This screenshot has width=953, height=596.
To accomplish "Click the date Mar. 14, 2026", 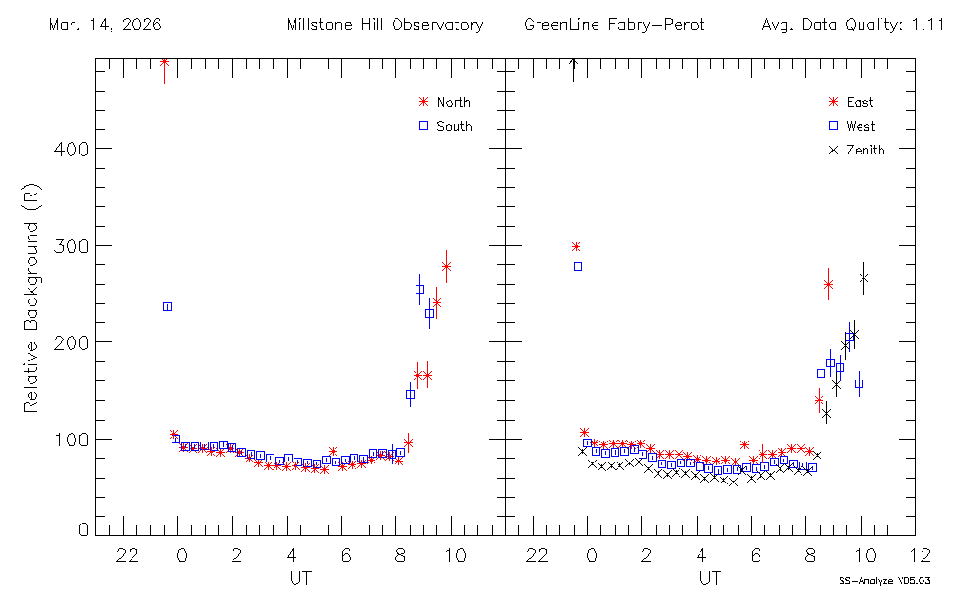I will [104, 25].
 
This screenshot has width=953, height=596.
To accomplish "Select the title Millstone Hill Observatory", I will [384, 25].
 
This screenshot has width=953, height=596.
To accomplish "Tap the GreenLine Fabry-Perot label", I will [614, 25].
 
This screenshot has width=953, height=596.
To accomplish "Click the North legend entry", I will [453, 102].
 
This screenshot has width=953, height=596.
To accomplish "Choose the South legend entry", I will [454, 126].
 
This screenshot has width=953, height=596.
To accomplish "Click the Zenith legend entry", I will [864, 150].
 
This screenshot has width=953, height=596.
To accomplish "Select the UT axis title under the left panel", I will [299, 578].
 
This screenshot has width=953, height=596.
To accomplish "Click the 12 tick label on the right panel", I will [920, 554].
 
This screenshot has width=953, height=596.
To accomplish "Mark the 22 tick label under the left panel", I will [128, 554].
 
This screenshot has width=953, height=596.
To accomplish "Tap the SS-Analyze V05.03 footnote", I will [884, 580].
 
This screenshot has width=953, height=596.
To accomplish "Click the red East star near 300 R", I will [576, 246].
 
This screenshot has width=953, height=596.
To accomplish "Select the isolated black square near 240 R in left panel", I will [167, 306].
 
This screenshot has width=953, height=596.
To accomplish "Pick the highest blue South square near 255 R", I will [419, 289].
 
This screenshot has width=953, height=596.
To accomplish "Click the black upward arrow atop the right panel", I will [573, 67].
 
